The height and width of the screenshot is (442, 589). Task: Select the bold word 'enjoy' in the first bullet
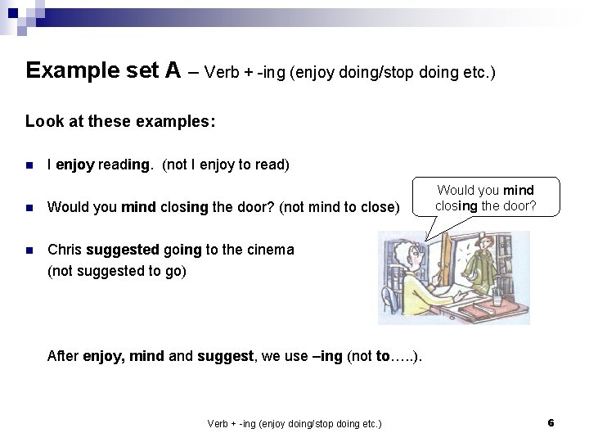pyautogui.click(x=76, y=165)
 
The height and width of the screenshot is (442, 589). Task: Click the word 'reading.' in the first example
pyautogui.click(x=125, y=165)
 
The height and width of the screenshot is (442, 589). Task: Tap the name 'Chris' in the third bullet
pyautogui.click(x=65, y=250)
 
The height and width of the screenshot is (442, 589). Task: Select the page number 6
pyautogui.click(x=551, y=422)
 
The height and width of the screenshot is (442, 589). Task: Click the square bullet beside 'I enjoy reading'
pyautogui.click(x=29, y=165)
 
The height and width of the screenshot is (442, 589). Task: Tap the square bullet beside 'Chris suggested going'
pyautogui.click(x=29, y=250)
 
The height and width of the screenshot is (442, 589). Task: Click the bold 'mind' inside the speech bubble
pyautogui.click(x=518, y=191)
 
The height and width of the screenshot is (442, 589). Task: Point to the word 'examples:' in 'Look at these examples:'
pyautogui.click(x=181, y=121)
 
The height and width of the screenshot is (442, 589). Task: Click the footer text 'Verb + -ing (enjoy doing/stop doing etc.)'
pyautogui.click(x=294, y=423)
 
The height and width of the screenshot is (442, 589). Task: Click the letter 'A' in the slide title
pyautogui.click(x=173, y=70)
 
